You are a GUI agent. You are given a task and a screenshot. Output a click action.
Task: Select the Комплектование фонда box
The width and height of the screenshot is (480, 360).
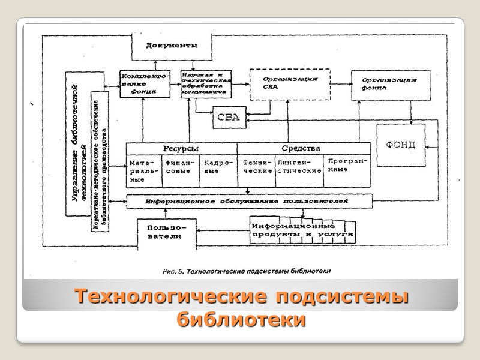(x=140, y=84)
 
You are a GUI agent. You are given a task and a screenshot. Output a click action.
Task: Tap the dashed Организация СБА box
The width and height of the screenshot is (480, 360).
(x=290, y=84)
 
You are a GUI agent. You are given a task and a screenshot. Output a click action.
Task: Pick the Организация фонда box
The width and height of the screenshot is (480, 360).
(x=391, y=84)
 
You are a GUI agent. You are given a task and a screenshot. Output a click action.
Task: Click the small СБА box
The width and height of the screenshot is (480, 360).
(x=229, y=118)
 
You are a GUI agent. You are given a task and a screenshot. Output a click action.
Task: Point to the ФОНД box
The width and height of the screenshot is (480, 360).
(x=400, y=146)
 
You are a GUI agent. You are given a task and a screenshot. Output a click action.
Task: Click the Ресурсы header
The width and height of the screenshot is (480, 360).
(x=181, y=149)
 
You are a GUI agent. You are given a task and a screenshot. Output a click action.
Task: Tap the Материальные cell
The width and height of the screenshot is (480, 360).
(x=143, y=171)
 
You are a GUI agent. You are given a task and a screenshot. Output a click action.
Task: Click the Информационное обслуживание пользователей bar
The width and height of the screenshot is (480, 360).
(x=248, y=202)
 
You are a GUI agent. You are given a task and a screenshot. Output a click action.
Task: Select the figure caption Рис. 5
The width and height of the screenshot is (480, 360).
(x=247, y=271)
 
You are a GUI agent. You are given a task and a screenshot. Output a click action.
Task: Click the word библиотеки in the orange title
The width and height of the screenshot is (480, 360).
(x=241, y=320)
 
